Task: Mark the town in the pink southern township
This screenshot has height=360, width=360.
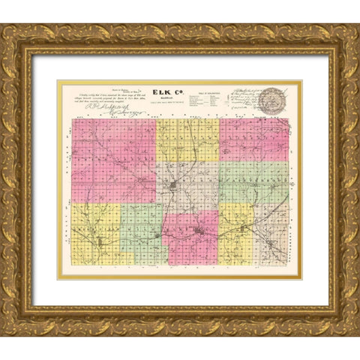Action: [197, 232]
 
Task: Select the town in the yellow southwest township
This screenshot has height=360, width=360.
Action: [100, 241]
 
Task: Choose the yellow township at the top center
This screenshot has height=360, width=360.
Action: [187, 139]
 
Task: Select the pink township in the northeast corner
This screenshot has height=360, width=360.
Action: [254, 139]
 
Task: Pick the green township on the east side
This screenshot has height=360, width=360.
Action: [254, 182]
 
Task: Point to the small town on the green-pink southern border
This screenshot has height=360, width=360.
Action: [159, 235]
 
